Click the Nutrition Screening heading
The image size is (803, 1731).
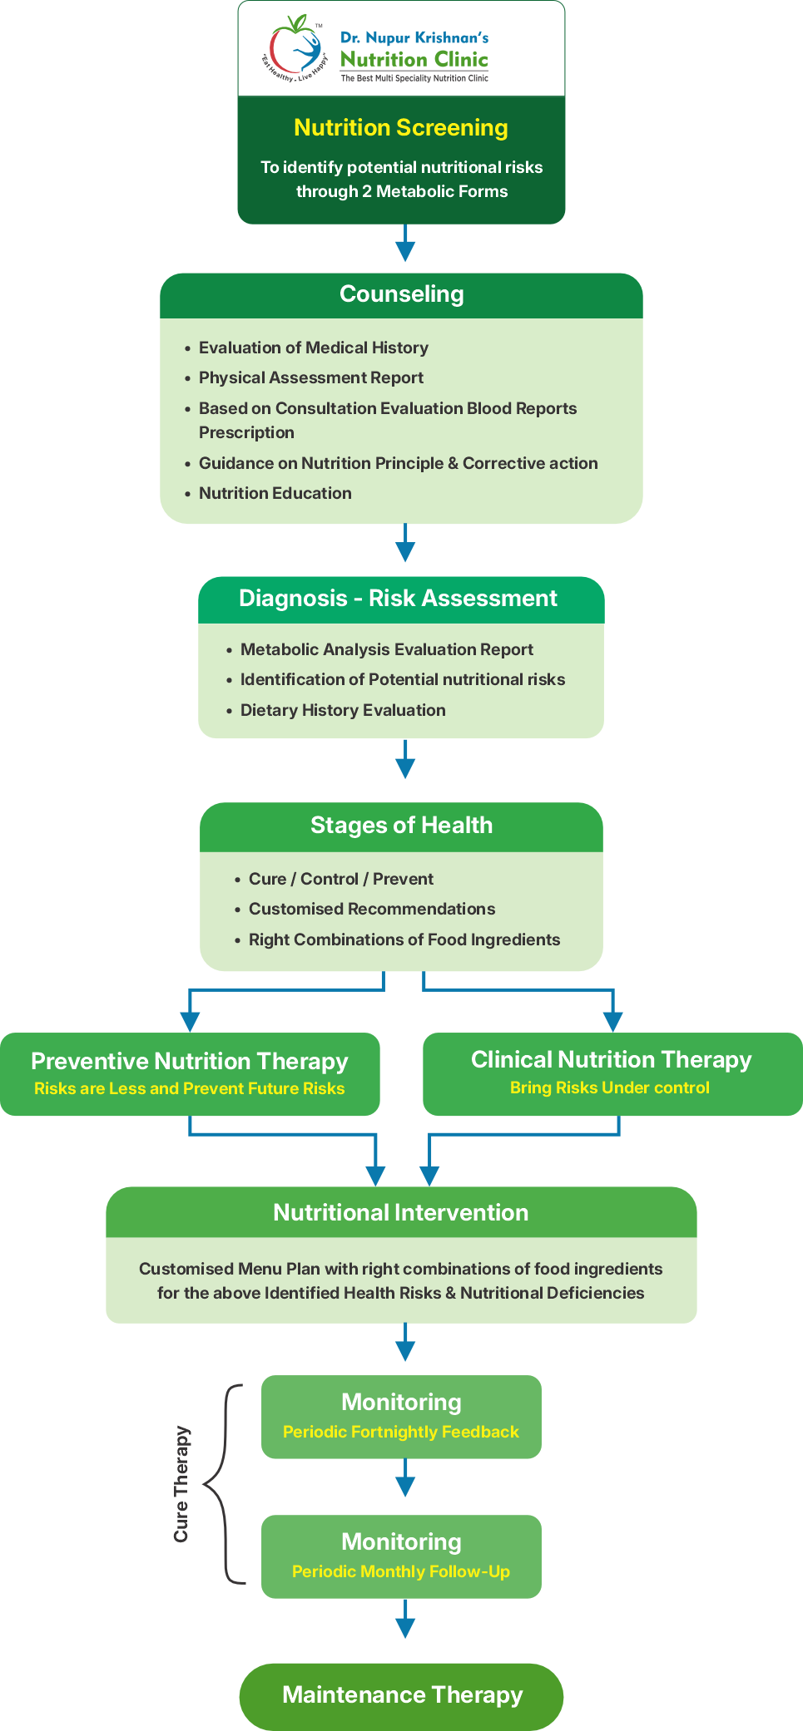click(x=401, y=128)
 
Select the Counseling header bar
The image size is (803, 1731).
click(x=401, y=294)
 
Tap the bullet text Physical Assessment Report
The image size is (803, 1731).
click(x=310, y=378)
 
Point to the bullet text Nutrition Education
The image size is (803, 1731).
click(x=275, y=494)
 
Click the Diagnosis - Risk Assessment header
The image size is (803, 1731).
click(x=398, y=599)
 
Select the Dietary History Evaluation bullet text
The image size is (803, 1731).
click(x=343, y=711)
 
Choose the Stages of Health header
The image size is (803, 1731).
click(x=401, y=826)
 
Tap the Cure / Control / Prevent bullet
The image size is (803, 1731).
click(x=340, y=880)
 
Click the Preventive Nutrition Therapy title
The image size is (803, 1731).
click(x=190, y=1062)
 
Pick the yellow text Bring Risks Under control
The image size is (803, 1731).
click(x=610, y=1088)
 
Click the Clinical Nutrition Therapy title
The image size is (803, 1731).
click(x=612, y=1060)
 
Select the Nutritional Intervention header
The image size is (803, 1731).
click(x=401, y=1213)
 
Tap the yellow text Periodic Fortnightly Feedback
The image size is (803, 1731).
click(x=401, y=1433)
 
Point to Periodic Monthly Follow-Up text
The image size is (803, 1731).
click(x=401, y=1572)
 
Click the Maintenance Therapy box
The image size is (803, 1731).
click(x=401, y=1695)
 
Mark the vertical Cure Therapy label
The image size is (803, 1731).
click(x=181, y=1485)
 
